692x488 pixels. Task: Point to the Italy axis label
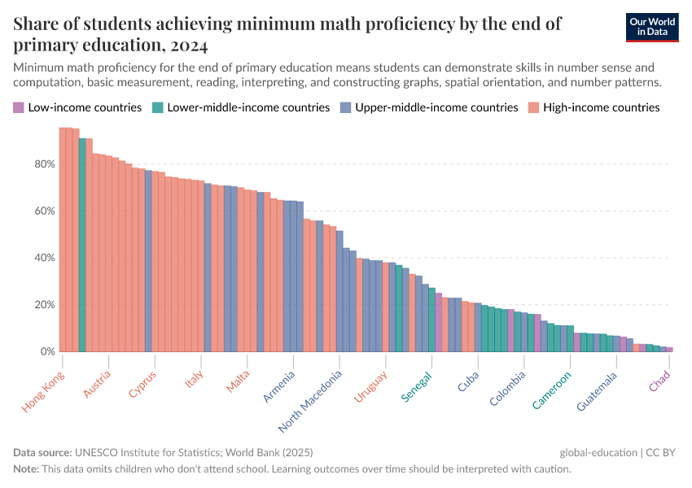point(194,381)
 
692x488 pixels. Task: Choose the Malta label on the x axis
point(239,382)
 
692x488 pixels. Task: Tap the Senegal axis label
point(417,386)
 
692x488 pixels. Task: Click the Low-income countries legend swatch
point(19,107)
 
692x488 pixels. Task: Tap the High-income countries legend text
point(601,107)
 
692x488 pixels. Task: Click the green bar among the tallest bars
point(82,244)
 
